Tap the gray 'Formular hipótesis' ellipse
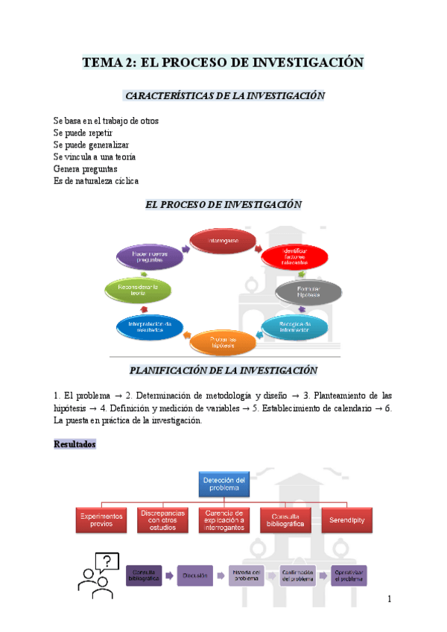click(308, 291)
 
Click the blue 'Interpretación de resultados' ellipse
click(150, 326)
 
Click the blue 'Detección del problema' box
click(223, 484)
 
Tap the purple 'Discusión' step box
click(195, 575)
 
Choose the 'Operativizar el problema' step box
click(349, 575)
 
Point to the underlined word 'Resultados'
click(75, 445)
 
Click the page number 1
click(390, 600)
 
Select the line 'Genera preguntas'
click(86, 169)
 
